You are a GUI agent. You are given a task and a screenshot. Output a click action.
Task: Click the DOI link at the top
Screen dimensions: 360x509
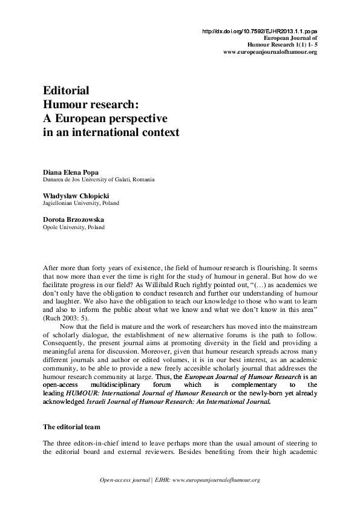click(258, 31)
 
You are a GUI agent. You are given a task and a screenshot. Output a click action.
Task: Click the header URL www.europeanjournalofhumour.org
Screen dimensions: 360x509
click(270, 53)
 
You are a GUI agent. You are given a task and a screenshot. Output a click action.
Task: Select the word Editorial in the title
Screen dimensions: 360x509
click(67, 91)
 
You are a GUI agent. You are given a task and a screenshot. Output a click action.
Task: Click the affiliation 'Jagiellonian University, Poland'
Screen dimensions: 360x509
click(80, 204)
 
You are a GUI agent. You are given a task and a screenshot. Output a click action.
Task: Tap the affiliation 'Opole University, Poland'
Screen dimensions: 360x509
click(73, 228)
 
